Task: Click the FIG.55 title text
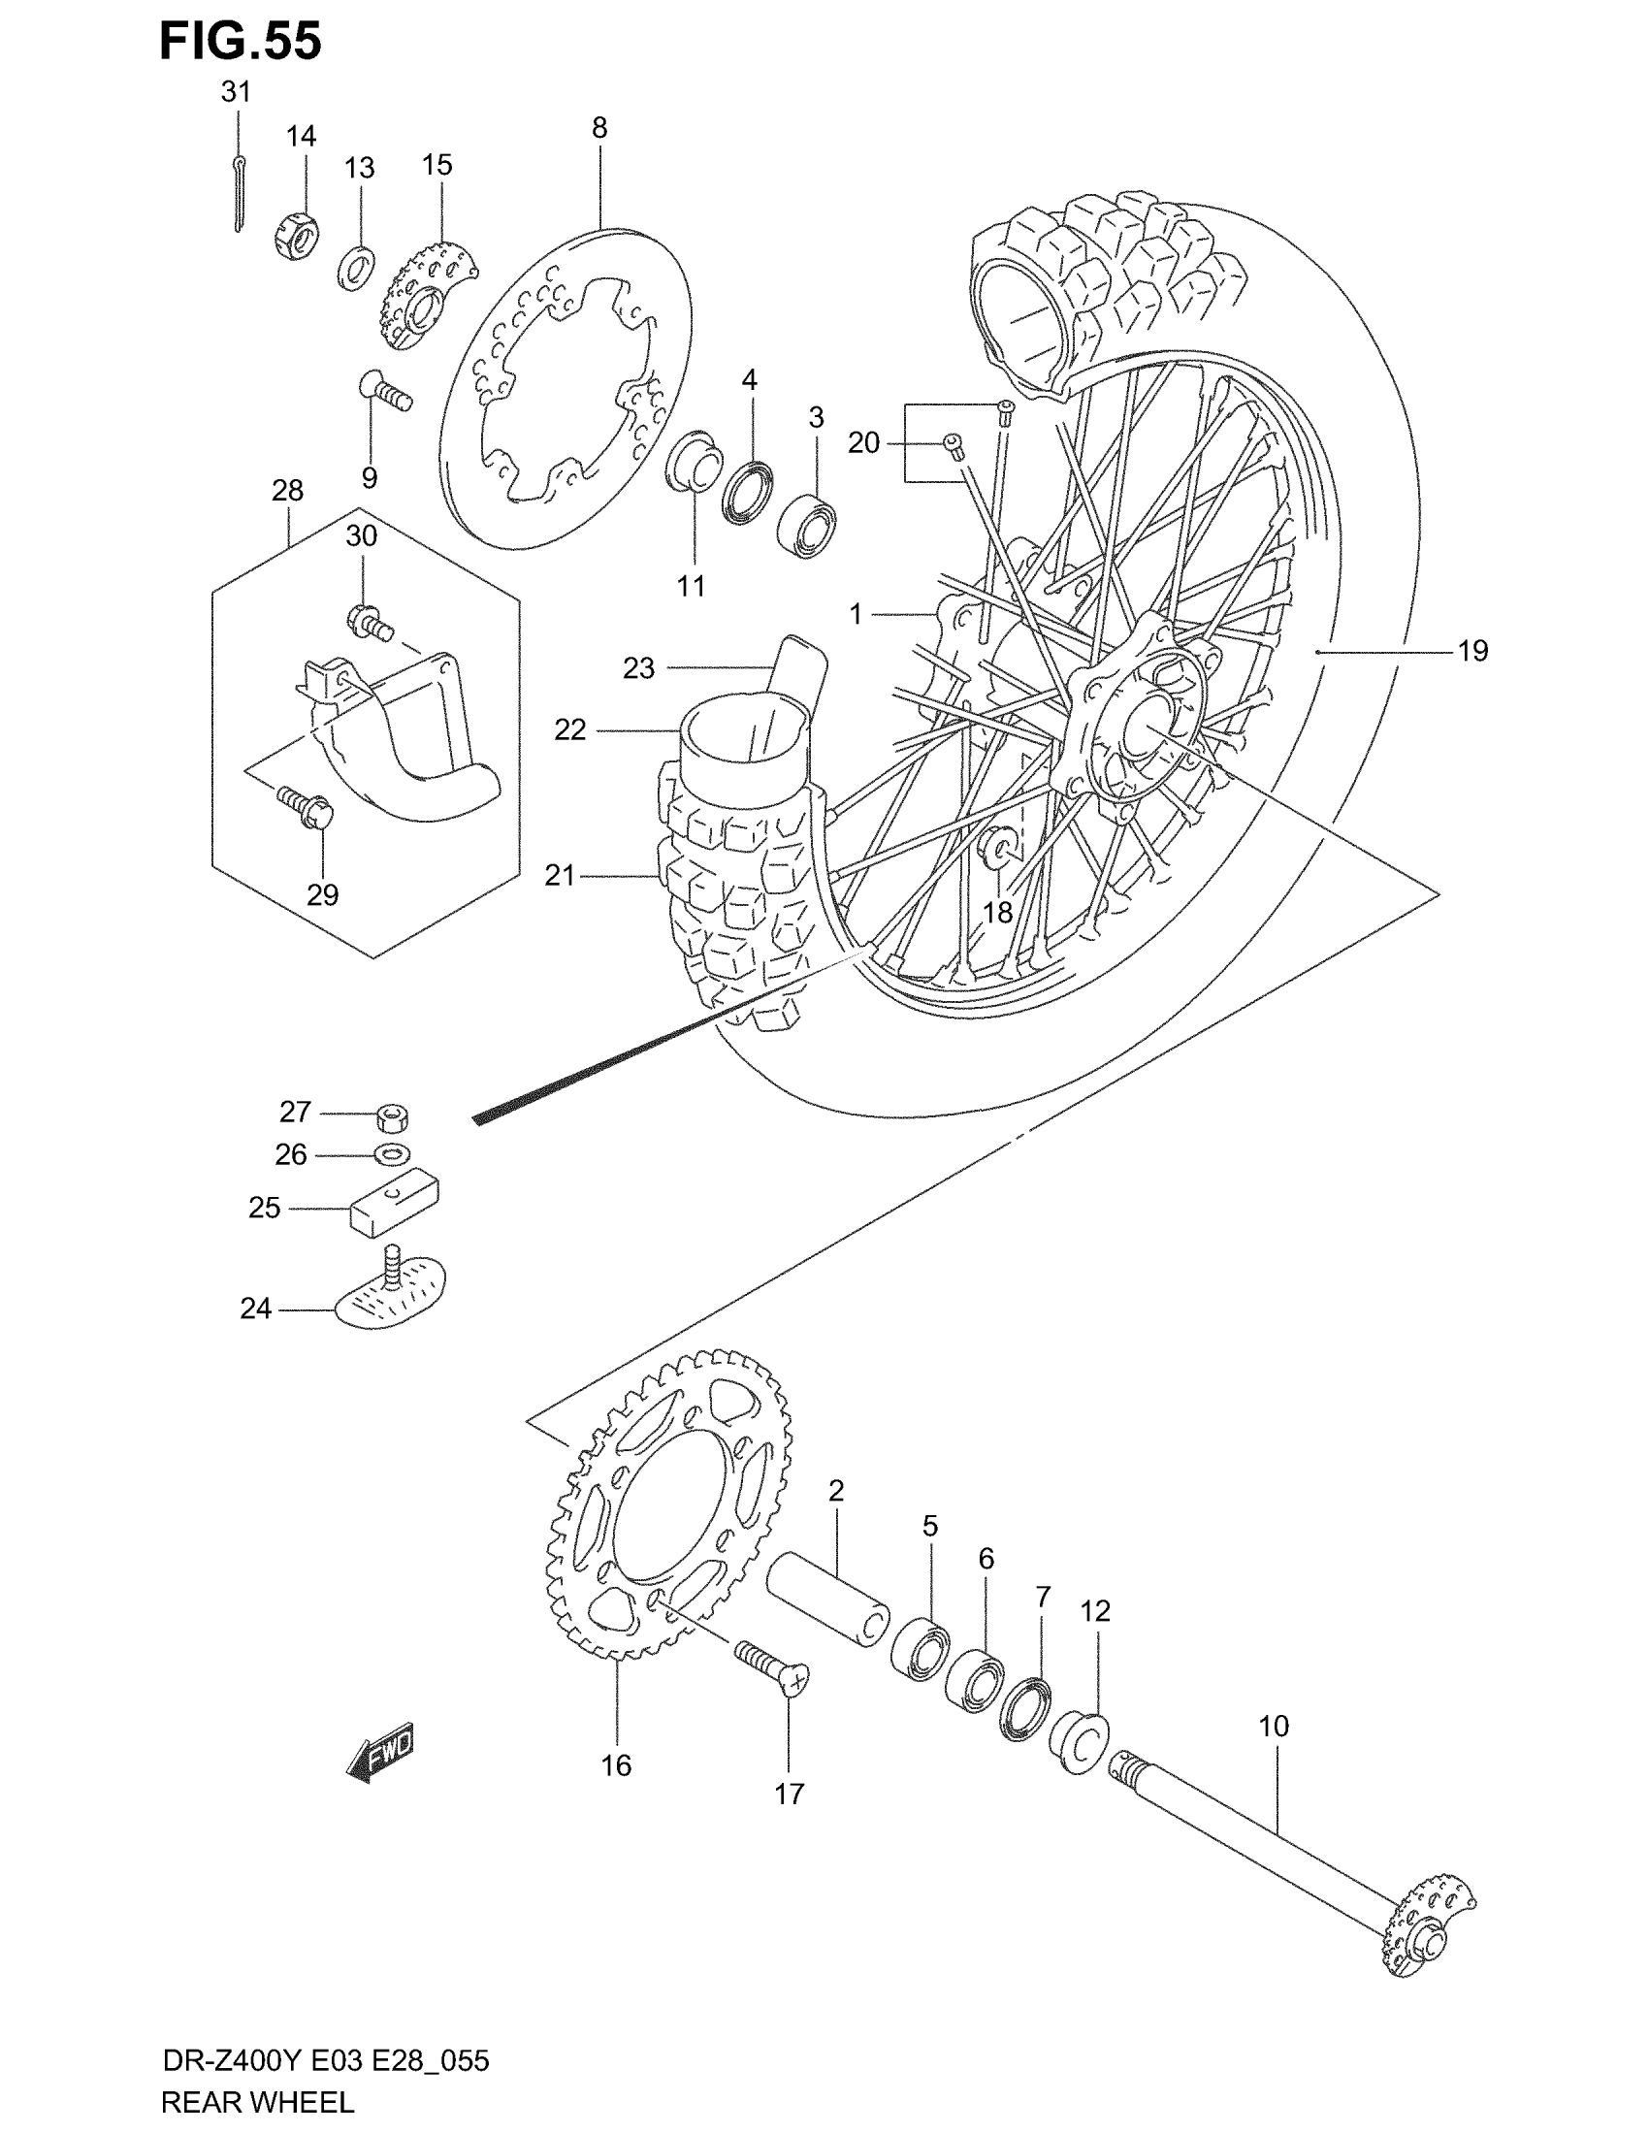pos(241,42)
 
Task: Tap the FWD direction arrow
pos(381,1752)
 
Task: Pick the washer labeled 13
pos(358,268)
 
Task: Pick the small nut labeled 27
pos(392,1115)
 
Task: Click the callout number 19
pos(1472,651)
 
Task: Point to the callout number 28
pos(287,491)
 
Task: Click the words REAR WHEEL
pos(257,2102)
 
